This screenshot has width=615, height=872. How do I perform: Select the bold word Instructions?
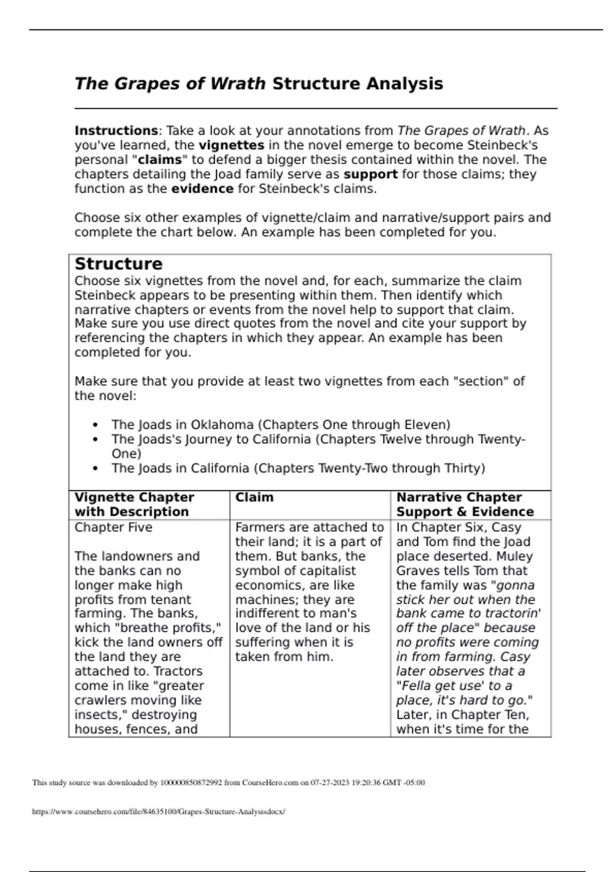[116, 131]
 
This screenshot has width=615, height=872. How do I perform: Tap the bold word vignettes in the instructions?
[231, 145]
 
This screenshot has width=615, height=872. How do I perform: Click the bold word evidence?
[202, 189]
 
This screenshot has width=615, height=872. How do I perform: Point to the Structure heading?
[118, 264]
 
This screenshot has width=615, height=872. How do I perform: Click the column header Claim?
[254, 498]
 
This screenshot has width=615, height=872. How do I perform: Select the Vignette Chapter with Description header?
[134, 505]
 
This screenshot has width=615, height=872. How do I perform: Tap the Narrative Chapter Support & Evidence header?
[464, 505]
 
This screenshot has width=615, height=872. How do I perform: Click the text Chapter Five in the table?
[113, 527]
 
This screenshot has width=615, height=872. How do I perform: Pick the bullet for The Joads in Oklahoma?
[95, 425]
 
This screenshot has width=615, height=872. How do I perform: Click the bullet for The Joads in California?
[95, 468]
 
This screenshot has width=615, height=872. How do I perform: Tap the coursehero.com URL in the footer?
[158, 812]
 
